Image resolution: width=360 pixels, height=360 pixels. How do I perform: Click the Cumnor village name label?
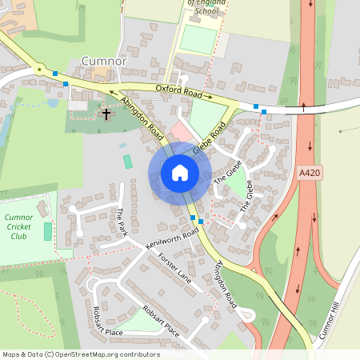(x=104, y=61)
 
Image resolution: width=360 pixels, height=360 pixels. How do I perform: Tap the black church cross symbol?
(x=106, y=114)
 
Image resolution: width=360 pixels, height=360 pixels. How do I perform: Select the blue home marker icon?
(x=180, y=172)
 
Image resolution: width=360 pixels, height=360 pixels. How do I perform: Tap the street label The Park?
(x=122, y=221)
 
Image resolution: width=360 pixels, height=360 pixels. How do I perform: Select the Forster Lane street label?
(x=176, y=266)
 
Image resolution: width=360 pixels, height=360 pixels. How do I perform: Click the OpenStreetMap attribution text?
(x=80, y=354)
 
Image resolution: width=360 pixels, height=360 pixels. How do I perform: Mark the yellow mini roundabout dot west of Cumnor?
(x=38, y=70)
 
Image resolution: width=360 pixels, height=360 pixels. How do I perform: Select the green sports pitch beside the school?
(x=198, y=40)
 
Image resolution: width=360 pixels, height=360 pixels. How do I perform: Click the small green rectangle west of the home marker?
(x=128, y=162)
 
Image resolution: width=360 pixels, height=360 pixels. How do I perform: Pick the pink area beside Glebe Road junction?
(x=182, y=131)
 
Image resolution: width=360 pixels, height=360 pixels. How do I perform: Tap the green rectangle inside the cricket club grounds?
(x=47, y=232)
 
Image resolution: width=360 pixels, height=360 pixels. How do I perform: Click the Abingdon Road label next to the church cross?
(x=141, y=118)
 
